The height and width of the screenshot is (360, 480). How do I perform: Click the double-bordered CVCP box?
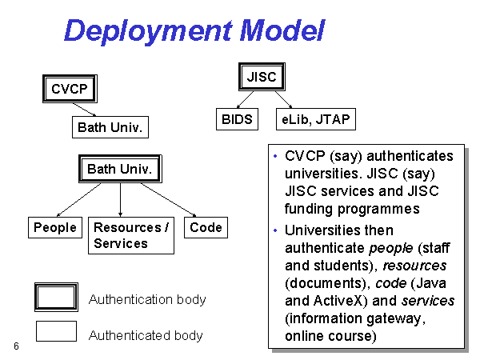(70, 89)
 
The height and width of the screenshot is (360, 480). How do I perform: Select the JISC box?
(262, 77)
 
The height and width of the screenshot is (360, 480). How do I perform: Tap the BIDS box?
(238, 119)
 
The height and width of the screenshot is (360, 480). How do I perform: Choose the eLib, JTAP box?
(316, 119)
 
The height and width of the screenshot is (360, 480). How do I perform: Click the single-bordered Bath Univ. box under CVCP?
(110, 127)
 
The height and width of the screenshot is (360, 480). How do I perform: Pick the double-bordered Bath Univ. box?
(120, 169)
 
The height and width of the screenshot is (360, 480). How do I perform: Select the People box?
(55, 227)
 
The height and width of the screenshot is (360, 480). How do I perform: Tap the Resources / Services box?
(131, 235)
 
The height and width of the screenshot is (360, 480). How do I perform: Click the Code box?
(206, 227)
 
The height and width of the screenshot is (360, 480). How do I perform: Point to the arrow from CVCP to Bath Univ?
(85, 110)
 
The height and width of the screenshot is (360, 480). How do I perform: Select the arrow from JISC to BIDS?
(246, 99)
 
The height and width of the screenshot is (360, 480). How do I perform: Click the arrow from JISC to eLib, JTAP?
(283, 99)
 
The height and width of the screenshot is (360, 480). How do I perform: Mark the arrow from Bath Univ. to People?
(79, 200)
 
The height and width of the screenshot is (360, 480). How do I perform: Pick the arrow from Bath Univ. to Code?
(168, 200)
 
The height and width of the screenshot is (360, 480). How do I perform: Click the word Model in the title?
(282, 30)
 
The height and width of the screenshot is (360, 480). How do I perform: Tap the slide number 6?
(16, 346)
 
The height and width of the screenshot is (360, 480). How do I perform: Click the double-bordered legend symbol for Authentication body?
(56, 297)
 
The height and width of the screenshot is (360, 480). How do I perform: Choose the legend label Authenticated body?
(146, 335)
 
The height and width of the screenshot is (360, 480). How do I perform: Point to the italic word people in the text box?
(391, 248)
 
